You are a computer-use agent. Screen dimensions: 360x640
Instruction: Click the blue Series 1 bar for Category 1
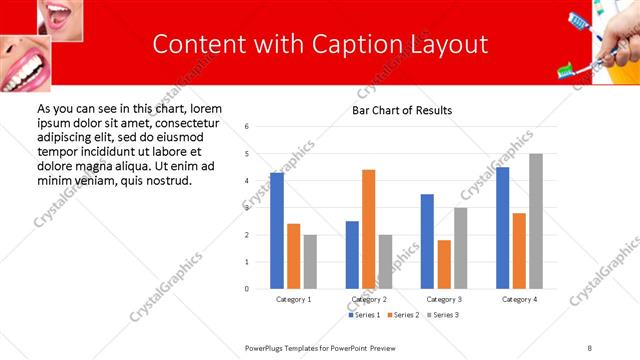[x=277, y=231]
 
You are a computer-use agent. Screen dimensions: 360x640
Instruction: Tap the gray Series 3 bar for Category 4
[x=536, y=221]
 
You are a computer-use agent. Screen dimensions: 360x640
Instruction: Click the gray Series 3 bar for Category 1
[x=310, y=262]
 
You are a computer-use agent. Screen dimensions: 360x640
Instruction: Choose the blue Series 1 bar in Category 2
[x=352, y=255]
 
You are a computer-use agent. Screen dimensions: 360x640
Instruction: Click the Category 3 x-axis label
[x=444, y=299]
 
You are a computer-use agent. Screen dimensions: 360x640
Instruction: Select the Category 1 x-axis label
[x=293, y=299]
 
